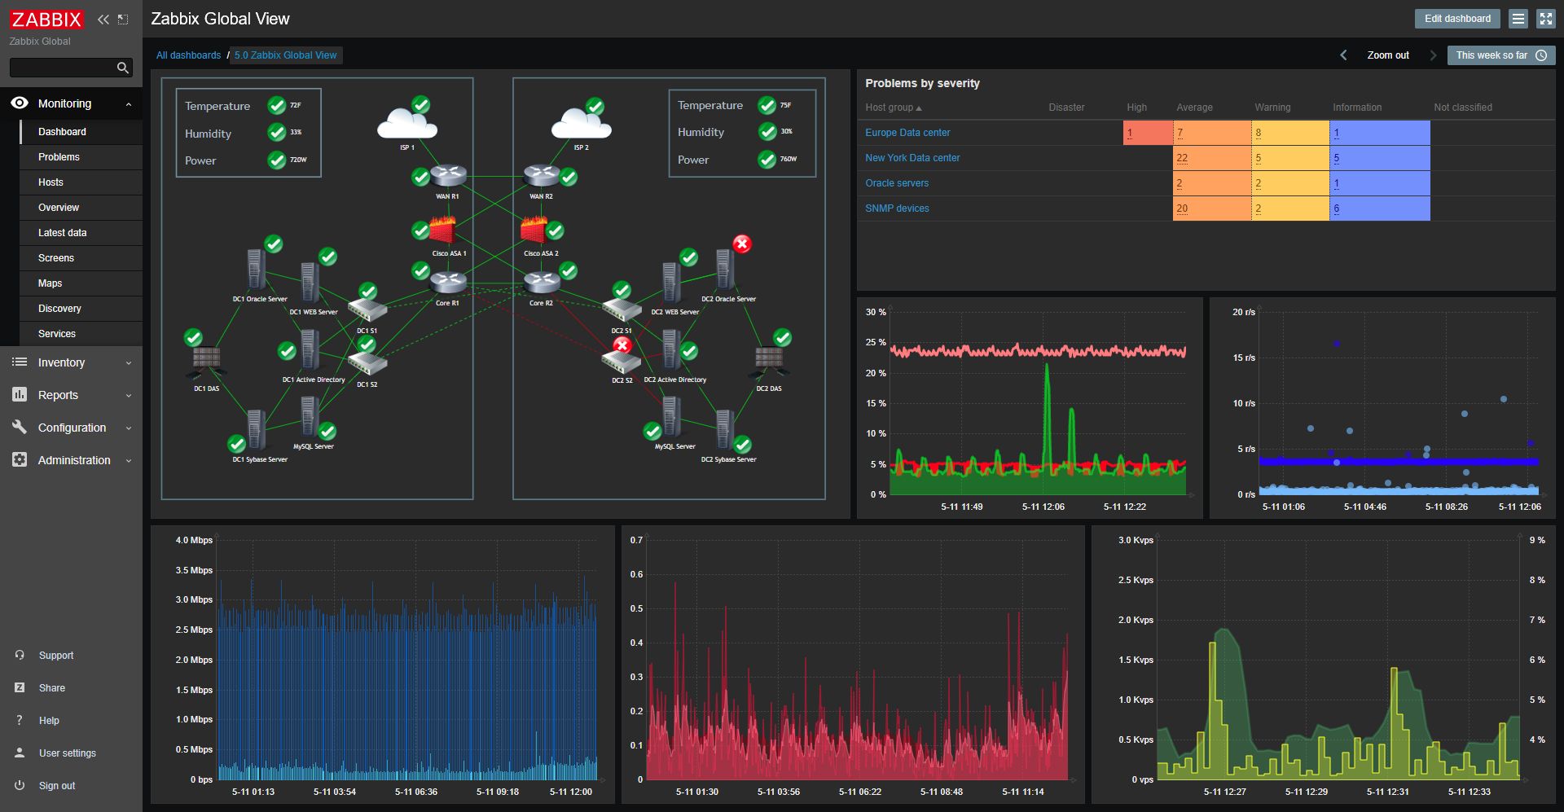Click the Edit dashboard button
tap(1456, 19)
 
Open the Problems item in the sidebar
tap(59, 157)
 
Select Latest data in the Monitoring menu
tap(62, 233)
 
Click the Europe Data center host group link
tap(907, 133)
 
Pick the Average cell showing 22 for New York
tap(1210, 158)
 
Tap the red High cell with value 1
tap(1147, 133)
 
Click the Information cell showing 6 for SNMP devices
tap(1378, 208)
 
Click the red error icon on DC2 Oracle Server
tap(741, 244)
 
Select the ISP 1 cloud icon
tap(406, 125)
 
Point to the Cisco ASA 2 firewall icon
tap(534, 230)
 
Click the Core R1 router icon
tap(447, 283)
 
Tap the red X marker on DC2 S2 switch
tap(622, 345)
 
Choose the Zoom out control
tap(1387, 55)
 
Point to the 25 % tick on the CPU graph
tap(876, 343)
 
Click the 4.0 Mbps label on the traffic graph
tap(194, 540)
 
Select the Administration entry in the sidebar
tap(73, 460)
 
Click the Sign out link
tap(56, 786)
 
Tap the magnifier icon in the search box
tap(123, 68)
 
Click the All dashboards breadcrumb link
tap(188, 55)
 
